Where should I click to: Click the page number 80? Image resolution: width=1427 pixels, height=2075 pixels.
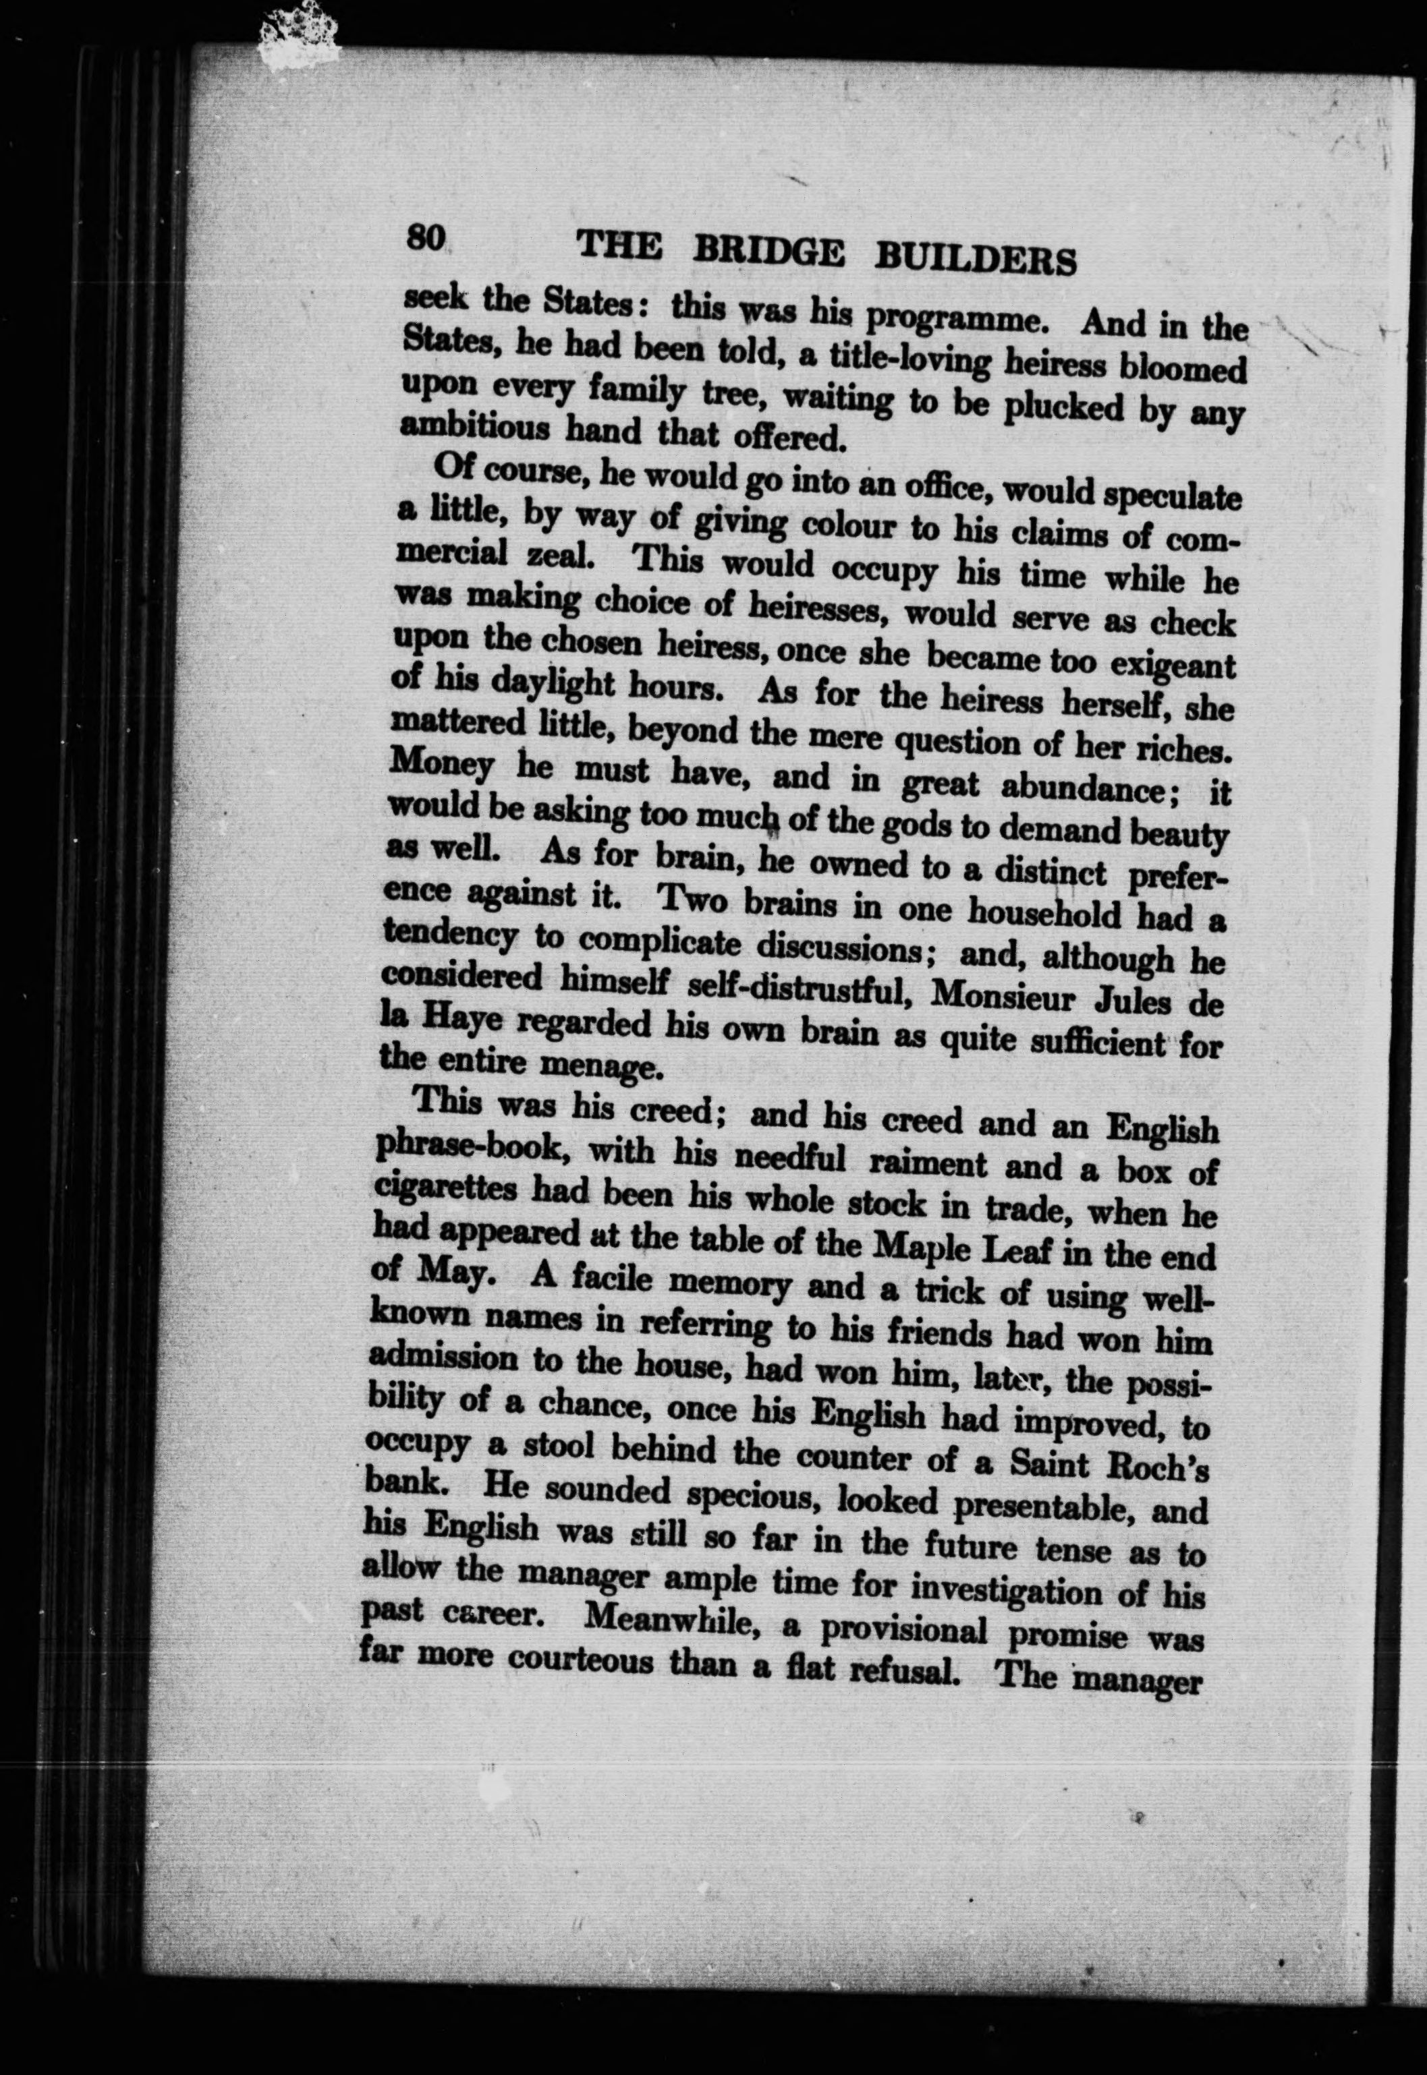[x=426, y=239]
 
